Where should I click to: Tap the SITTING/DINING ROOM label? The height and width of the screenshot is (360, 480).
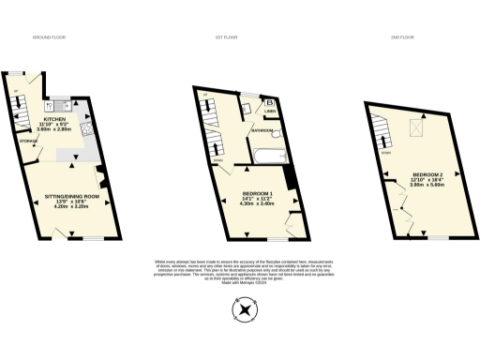[x=72, y=196]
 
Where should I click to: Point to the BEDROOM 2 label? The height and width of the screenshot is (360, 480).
[x=427, y=175]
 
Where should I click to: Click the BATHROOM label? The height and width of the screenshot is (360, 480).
[x=260, y=130]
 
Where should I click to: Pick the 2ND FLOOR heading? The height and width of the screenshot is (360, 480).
[x=402, y=37]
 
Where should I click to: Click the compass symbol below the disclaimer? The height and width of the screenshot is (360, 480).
[x=246, y=308]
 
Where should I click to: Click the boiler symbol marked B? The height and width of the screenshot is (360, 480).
[x=270, y=102]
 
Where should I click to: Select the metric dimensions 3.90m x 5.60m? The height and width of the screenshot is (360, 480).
[x=427, y=187]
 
